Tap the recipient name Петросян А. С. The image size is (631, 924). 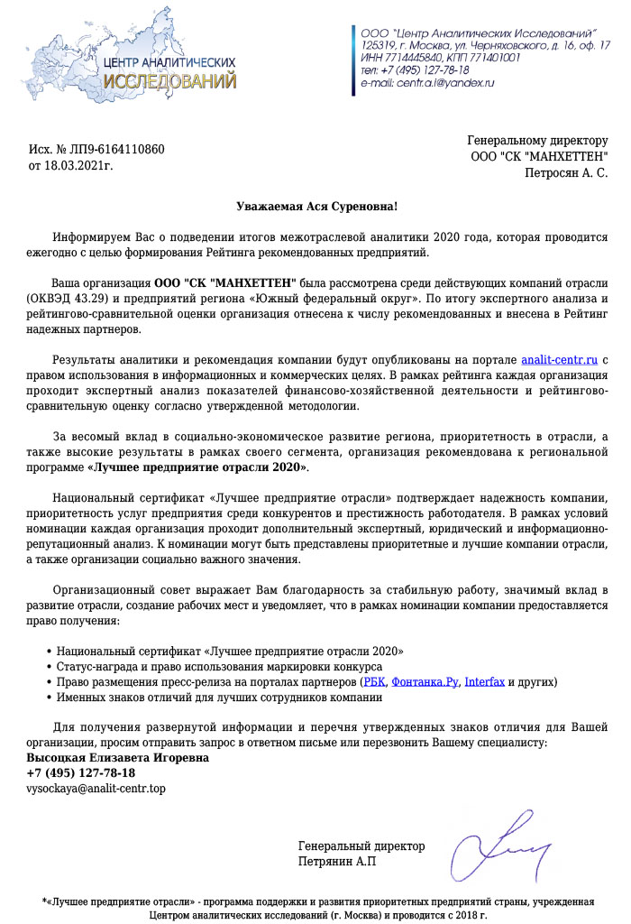[x=566, y=171]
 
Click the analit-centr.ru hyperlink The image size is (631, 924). [x=559, y=361]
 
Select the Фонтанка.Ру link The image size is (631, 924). [x=425, y=681]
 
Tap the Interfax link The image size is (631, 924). [x=484, y=681]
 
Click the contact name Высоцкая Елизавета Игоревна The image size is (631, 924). [x=117, y=758]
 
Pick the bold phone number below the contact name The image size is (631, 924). [x=81, y=773]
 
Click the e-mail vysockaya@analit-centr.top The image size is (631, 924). [x=96, y=789]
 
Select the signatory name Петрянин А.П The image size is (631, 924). [x=337, y=862]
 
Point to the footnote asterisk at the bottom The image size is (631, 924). [x=45, y=901]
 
